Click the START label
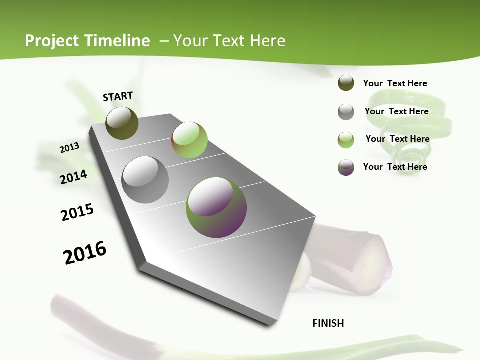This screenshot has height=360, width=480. tap(118, 96)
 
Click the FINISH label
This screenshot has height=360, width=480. tap(328, 323)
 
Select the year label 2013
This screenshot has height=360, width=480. tap(69, 148)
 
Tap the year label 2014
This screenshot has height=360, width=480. tap(73, 177)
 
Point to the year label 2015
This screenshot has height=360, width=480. tap(77, 212)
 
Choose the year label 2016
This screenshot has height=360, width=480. tap(85, 252)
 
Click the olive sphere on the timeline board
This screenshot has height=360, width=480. tap(122, 123)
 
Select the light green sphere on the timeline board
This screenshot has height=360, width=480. tap(189, 140)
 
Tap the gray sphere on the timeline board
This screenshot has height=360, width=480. tap(145, 180)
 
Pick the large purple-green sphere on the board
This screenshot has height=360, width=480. tap(216, 207)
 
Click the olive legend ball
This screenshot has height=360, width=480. tap(346, 83)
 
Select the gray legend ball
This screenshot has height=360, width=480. tap(346, 112)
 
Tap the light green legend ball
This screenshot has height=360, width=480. tap(346, 140)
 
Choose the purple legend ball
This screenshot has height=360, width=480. tap(346, 167)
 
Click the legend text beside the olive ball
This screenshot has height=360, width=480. tap(395, 83)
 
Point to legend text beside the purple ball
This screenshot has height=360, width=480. tap(395, 167)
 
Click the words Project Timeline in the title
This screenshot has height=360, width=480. tap(87, 41)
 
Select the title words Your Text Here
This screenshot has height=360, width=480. tap(229, 41)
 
